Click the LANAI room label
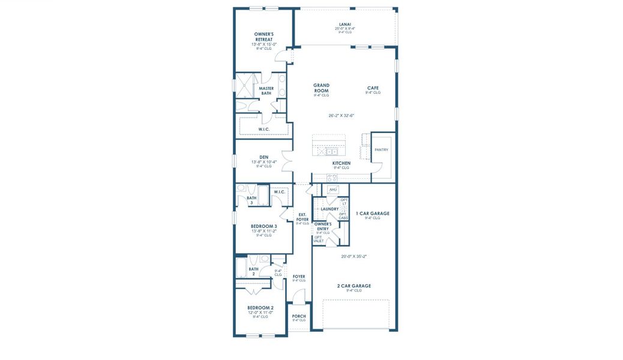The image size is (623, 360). pyautogui.click(x=345, y=24)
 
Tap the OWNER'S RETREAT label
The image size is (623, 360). pyautogui.click(x=263, y=37)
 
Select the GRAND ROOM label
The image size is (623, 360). pyautogui.click(x=321, y=88)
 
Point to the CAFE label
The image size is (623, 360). pyautogui.click(x=373, y=88)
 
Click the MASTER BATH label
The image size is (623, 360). pyautogui.click(x=266, y=91)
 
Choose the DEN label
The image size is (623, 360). pyautogui.click(x=263, y=157)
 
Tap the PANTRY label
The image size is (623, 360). pyautogui.click(x=381, y=149)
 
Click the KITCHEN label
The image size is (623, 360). pyautogui.click(x=341, y=163)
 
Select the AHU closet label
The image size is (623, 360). pyautogui.click(x=333, y=190)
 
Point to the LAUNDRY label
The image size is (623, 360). pyautogui.click(x=330, y=209)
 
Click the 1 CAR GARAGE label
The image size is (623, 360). pyautogui.click(x=372, y=213)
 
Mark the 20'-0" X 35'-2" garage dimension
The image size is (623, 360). pyautogui.click(x=354, y=256)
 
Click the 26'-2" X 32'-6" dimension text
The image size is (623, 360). pyautogui.click(x=341, y=115)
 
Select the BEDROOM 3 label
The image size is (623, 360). pyautogui.click(x=263, y=226)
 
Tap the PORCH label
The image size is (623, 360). pyautogui.click(x=299, y=316)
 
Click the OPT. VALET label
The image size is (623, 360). pyautogui.click(x=318, y=239)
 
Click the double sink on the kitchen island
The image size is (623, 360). pyautogui.click(x=329, y=151)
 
